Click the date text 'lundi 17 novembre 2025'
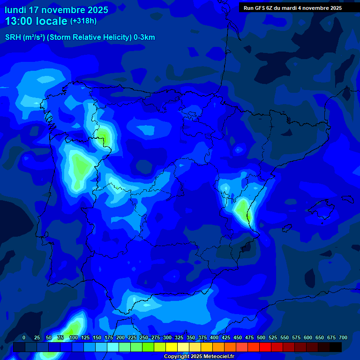pyautogui.click(x=56, y=10)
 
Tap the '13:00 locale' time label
pyautogui.click(x=37, y=21)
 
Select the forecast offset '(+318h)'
pyautogui.click(x=83, y=21)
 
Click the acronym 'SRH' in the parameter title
pyautogui.click(x=13, y=37)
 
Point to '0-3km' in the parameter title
pyautogui.click(x=144, y=37)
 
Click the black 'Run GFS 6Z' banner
pyautogui.click(x=292, y=8)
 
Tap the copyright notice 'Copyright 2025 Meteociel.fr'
pyautogui.click(x=199, y=357)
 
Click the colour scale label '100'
pyautogui.click(x=74, y=338)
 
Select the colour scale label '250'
pyautogui.click(x=144, y=338)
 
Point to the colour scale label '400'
pyautogui.click(x=214, y=338)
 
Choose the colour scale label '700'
pyautogui.click(x=343, y=338)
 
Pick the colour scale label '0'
pyautogui.click(x=24, y=338)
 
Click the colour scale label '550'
pyautogui.click(x=285, y=338)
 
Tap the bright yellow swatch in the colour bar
pyautogui.click(x=172, y=347)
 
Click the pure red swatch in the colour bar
pyautogui.click(x=265, y=347)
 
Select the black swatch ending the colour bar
pyautogui.click(x=336, y=347)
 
